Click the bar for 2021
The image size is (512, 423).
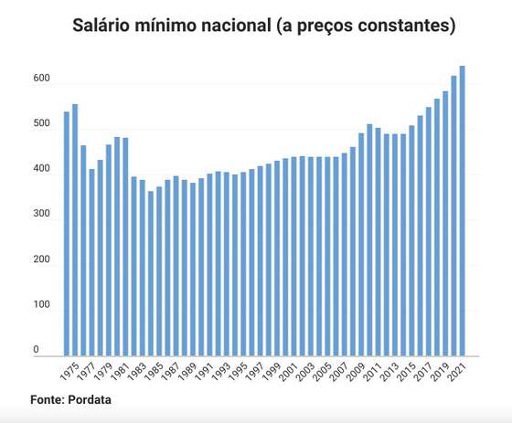[x=462, y=211]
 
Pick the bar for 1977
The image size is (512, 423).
[x=91, y=262]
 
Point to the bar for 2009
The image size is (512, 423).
[x=361, y=245]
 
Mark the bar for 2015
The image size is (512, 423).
[x=411, y=240]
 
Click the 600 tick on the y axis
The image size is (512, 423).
[x=42, y=78]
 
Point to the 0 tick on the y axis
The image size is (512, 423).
[x=36, y=349]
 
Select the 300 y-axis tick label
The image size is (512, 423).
[x=42, y=214]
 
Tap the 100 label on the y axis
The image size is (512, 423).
[x=42, y=304]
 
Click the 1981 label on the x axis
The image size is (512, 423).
[x=119, y=371]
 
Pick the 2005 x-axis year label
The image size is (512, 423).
[x=321, y=371]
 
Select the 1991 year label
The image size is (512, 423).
[x=203, y=371]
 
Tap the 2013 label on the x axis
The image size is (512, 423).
[x=389, y=371]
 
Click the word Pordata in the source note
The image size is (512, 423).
[x=90, y=399]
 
